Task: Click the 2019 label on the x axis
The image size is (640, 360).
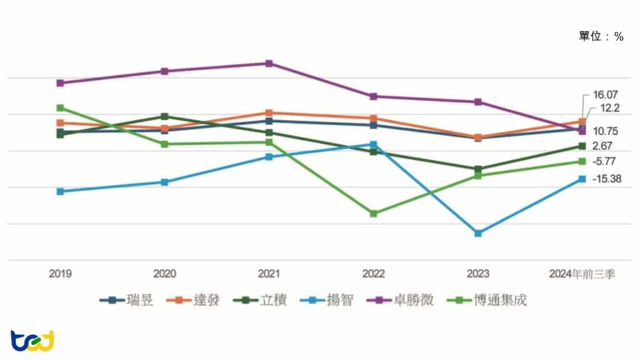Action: [60, 274]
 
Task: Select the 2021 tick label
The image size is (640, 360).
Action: [269, 274]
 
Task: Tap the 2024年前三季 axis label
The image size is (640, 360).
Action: [582, 274]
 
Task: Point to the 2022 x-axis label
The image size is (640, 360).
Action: [373, 274]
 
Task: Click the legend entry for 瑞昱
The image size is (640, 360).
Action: [124, 301]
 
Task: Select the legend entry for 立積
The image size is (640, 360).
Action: [262, 301]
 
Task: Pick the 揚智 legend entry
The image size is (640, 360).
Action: [331, 301]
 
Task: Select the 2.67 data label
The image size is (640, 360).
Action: [603, 146]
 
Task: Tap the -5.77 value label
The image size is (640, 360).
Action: [604, 161]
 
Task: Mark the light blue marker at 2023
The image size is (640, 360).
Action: [478, 233]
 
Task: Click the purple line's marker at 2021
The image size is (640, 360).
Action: [269, 63]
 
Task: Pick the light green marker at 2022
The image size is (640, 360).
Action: [373, 214]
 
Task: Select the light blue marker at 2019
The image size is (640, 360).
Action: [60, 191]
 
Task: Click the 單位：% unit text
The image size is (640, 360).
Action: [601, 37]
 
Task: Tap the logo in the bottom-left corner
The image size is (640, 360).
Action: [32, 341]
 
